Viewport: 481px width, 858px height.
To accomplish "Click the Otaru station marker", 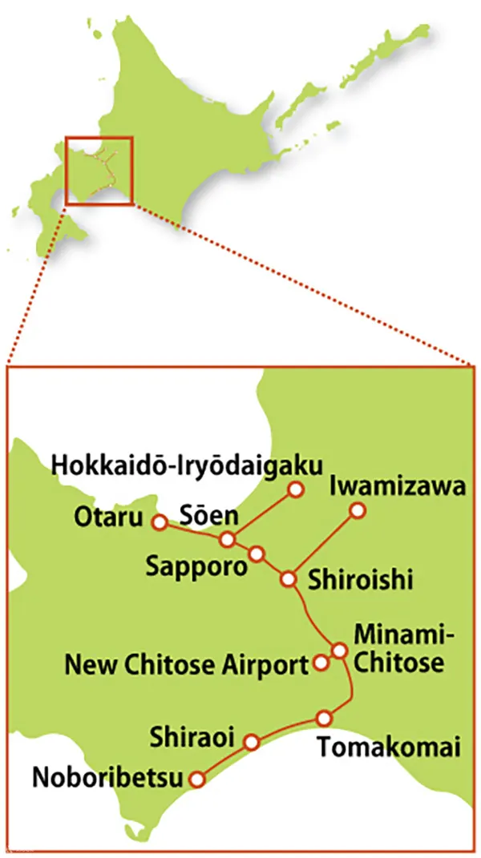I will [x=159, y=522].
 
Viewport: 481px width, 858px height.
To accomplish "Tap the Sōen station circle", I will [x=228, y=539].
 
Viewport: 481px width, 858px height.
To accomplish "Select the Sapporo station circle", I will [x=257, y=554].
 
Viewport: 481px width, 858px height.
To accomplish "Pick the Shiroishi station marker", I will [x=288, y=578].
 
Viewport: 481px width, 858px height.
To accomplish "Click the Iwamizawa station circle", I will [x=358, y=510].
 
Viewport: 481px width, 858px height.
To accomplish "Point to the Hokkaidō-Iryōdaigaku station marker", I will [x=297, y=489].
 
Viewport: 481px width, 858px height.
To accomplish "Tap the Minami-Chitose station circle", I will [x=339, y=650].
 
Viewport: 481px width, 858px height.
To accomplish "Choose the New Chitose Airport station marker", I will [x=321, y=663].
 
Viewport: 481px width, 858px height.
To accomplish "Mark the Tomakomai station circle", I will [x=324, y=718].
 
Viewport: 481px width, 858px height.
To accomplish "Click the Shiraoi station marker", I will [x=252, y=742].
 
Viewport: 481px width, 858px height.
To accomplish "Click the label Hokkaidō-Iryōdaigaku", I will [x=187, y=465].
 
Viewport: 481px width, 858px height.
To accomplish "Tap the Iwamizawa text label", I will [x=397, y=485].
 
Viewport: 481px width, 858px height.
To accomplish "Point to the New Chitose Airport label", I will [x=186, y=664].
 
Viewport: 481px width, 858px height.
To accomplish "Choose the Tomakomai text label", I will [x=389, y=748].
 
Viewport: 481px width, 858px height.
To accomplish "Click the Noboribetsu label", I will [x=107, y=777].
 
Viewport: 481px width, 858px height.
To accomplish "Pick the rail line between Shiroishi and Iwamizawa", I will [x=323, y=544].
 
